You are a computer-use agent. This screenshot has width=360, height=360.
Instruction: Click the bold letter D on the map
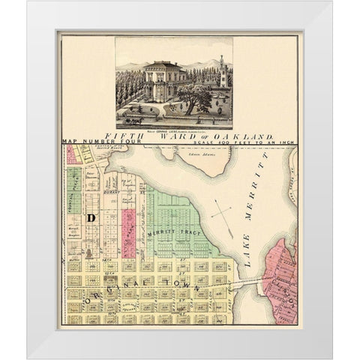tap(90, 217)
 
